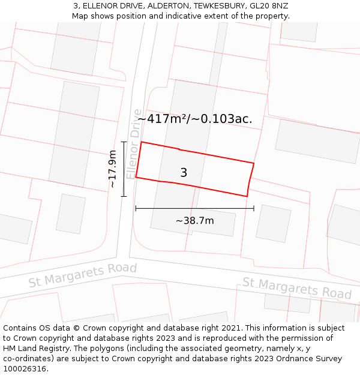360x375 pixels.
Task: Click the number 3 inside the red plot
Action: click(x=184, y=173)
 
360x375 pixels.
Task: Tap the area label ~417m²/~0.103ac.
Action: click(x=195, y=119)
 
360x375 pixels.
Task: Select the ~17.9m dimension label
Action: click(x=112, y=169)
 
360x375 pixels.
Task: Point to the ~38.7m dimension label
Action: click(x=194, y=220)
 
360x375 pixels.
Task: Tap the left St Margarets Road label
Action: click(x=83, y=274)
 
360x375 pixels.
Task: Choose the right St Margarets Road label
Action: click(x=296, y=288)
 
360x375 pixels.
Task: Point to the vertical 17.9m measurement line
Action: click(x=124, y=169)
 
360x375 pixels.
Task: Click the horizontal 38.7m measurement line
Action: click(x=194, y=208)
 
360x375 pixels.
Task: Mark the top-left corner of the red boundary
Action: click(x=141, y=142)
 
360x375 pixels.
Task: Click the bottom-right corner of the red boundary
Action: click(x=247, y=196)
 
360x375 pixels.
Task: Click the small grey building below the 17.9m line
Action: click(x=71, y=214)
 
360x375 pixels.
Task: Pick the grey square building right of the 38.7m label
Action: click(x=273, y=224)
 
